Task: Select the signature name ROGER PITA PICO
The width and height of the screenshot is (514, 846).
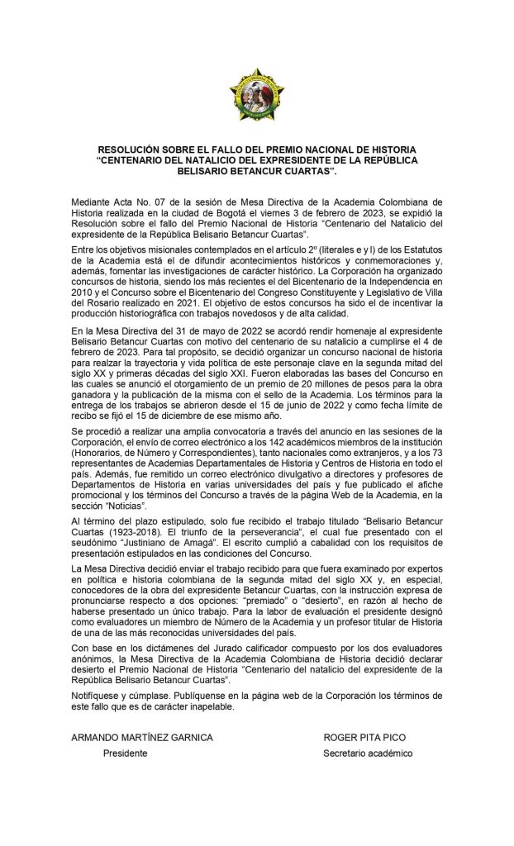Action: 364,737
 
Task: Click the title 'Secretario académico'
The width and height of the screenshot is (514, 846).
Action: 367,753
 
